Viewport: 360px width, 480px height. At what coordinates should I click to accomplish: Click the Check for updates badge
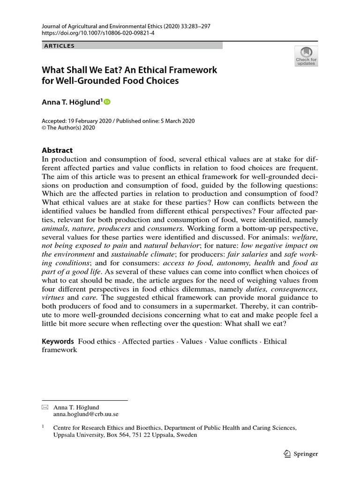point(306,56)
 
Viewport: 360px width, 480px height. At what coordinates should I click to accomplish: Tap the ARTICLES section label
point(59,45)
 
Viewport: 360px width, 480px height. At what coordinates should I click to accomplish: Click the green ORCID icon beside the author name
point(107,102)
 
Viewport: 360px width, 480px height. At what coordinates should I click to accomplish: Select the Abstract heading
point(57,150)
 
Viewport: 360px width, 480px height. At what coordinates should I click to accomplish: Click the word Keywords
point(58,341)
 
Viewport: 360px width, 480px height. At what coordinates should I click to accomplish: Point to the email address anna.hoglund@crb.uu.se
point(86,414)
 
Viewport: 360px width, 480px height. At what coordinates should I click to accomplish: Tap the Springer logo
point(301,454)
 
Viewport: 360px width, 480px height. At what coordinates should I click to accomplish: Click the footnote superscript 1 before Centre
point(43,427)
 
